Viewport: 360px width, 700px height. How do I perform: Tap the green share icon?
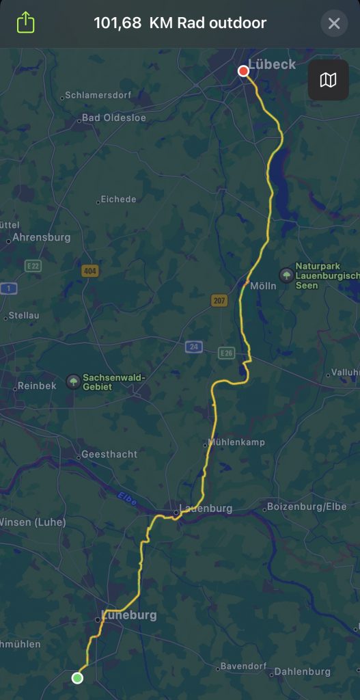coord(25,23)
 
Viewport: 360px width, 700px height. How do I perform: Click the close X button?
coord(334,24)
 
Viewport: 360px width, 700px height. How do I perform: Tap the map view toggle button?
coord(328,80)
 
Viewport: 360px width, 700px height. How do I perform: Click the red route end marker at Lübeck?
coord(243,71)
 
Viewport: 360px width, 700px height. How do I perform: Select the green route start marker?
coord(77,677)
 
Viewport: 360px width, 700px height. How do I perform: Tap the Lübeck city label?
coord(272,64)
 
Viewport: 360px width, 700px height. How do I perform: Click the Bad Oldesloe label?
coord(113,118)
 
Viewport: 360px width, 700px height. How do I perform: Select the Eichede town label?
coord(118,199)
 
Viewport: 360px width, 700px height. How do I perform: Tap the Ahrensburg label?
coord(41,238)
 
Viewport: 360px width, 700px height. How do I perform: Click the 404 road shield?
coord(89,271)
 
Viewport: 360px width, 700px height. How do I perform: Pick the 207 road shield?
coord(219,300)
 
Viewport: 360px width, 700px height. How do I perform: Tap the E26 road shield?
coord(227,353)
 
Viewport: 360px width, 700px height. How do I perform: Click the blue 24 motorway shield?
coord(194,347)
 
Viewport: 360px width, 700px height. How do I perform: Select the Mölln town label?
coord(263,286)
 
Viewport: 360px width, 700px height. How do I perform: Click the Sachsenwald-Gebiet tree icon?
coord(72,381)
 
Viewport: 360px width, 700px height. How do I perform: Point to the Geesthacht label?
coord(109,454)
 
